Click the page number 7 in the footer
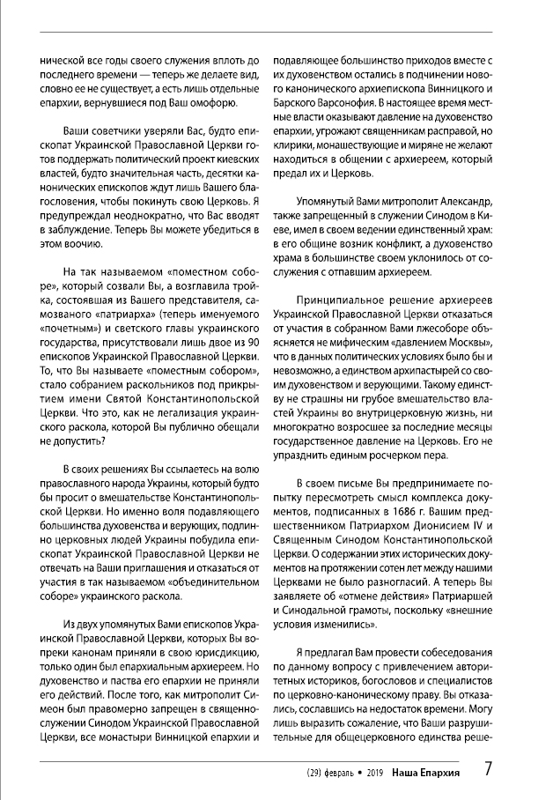point(488,768)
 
